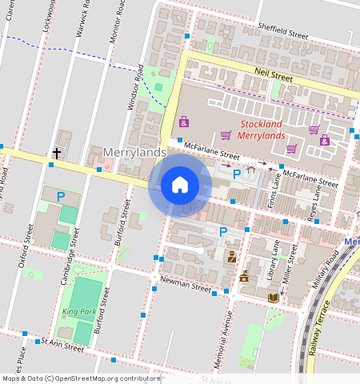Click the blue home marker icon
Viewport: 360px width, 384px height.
point(180,185)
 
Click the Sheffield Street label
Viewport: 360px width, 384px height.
point(282,31)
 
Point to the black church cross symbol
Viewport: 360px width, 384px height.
point(57,152)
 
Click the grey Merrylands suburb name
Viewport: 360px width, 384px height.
point(134,152)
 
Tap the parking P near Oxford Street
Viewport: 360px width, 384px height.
point(60,195)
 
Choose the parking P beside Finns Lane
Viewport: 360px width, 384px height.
point(236,173)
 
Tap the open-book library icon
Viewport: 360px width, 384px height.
point(274,297)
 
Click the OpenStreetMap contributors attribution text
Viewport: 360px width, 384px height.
point(81,378)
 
